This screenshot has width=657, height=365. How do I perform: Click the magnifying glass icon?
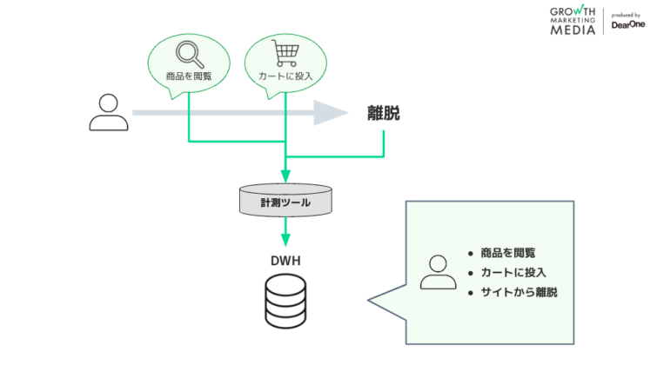click(188, 55)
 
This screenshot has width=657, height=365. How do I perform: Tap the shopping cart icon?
click(285, 54)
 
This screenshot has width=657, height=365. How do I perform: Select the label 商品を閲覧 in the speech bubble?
click(189, 77)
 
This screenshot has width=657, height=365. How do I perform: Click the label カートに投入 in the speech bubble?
click(285, 77)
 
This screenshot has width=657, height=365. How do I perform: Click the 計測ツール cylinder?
click(285, 202)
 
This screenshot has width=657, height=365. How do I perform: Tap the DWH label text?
click(285, 260)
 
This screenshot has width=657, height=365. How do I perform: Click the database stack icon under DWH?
click(285, 303)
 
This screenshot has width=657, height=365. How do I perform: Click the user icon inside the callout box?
click(438, 273)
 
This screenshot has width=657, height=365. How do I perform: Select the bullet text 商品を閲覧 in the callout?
click(508, 253)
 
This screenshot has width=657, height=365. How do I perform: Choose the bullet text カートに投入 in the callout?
click(513, 273)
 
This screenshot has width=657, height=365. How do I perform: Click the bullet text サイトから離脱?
click(519, 293)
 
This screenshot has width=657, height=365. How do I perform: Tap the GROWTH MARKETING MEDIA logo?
click(573, 20)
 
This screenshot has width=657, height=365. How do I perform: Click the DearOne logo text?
click(627, 25)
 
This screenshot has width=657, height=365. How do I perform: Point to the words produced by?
click(627, 15)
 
